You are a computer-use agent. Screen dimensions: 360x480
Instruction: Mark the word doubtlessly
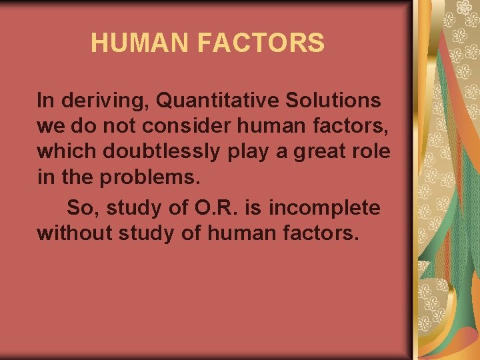(x=160, y=151)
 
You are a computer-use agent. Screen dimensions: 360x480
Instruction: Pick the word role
(x=373, y=151)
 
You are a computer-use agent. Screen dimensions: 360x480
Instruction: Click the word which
(x=67, y=151)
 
